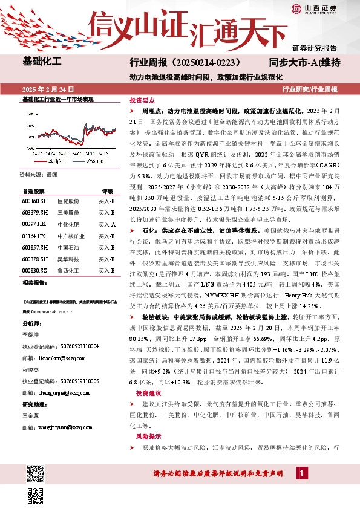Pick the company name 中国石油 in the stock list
[67, 247]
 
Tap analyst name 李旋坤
[31, 317]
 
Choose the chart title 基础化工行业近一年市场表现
[57, 98]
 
